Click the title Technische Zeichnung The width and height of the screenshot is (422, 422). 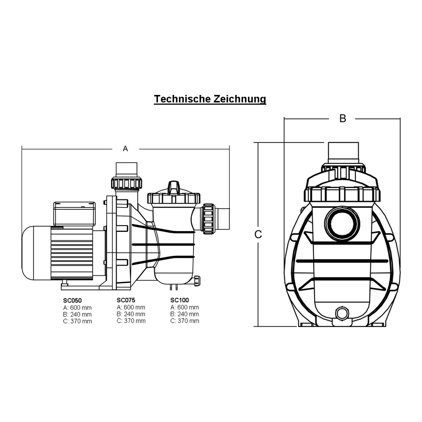tap(210, 99)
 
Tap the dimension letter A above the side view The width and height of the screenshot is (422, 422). tap(125, 149)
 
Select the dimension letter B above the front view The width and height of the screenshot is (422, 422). tap(343, 119)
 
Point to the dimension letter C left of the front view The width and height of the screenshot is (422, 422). tap(258, 235)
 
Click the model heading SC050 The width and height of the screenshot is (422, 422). tap(72, 300)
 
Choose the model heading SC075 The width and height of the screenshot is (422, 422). tap(126, 300)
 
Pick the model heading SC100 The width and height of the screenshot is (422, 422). tap(180, 300)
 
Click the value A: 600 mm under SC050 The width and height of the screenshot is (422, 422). tap(77, 308)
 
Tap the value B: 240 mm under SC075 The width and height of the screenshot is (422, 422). tap(131, 314)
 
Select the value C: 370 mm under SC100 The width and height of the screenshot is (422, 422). tap(185, 321)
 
